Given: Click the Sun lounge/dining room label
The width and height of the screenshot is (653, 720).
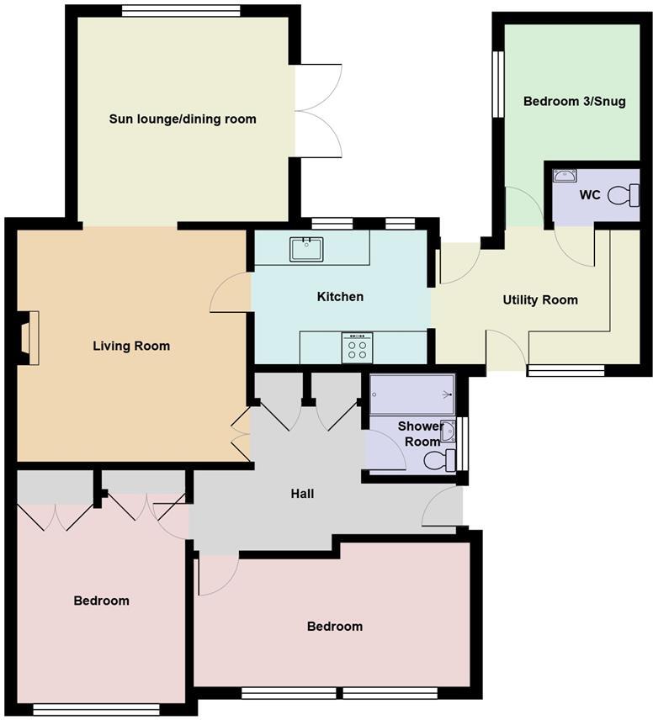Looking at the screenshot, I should (183, 119).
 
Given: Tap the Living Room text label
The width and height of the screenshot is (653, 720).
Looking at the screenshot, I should (131, 346).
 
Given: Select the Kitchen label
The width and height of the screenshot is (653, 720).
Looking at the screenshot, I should (340, 296).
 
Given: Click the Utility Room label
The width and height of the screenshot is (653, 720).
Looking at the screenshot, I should (540, 299).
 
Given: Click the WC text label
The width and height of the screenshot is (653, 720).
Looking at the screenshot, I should (589, 194).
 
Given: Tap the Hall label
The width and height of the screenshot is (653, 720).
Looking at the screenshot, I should (302, 494).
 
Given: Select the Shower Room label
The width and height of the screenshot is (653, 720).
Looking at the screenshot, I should (418, 434).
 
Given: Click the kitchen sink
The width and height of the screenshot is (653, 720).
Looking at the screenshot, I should (306, 249).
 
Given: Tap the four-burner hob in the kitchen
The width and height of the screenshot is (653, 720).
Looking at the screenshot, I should (357, 347).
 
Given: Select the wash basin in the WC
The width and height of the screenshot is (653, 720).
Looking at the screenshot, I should (565, 176).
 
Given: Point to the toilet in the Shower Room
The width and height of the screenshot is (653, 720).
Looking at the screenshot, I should (437, 460).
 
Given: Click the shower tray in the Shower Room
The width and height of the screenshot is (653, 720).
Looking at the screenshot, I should (411, 394).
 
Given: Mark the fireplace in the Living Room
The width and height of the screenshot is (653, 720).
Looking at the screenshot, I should (30, 337).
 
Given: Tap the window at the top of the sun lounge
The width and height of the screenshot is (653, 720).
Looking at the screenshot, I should (181, 11).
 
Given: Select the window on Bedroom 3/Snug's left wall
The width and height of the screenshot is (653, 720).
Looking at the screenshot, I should (497, 84).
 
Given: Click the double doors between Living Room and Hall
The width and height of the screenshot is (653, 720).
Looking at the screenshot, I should (242, 434).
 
